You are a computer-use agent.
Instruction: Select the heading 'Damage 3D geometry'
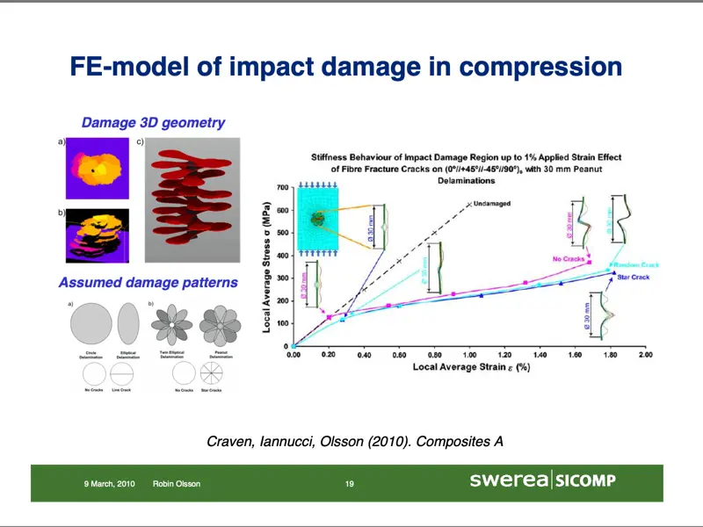click(x=153, y=123)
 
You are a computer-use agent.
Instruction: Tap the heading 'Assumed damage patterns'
click(x=148, y=283)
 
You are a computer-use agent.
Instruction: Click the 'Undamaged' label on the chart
click(x=491, y=204)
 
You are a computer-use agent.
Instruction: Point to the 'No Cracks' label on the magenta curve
click(x=569, y=258)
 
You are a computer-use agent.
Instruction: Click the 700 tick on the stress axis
click(x=281, y=188)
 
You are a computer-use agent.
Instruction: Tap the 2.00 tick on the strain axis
click(x=644, y=357)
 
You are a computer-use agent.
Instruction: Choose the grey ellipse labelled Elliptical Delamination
click(x=128, y=322)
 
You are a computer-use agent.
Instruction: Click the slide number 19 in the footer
click(x=349, y=484)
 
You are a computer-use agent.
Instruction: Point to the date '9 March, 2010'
click(x=109, y=484)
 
